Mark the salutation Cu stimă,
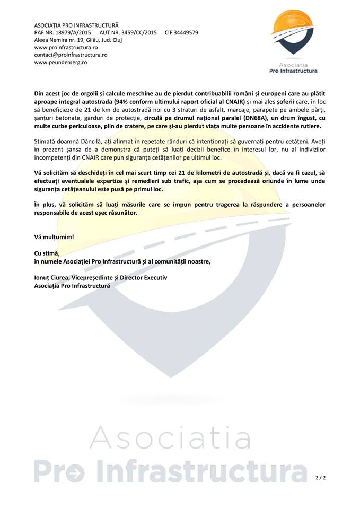point(47,253)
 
